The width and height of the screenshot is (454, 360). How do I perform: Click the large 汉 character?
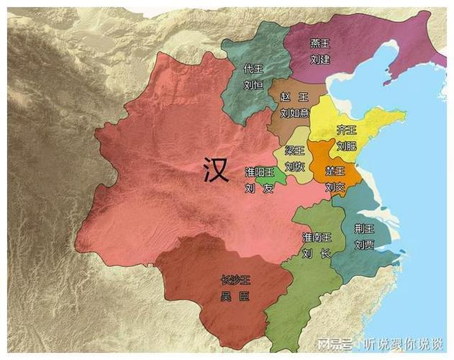(216, 171)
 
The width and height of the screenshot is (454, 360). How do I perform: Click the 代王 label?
(253, 69)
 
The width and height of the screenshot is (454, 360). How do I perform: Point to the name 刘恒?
(253, 85)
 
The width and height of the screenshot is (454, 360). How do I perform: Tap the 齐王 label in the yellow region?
(346, 130)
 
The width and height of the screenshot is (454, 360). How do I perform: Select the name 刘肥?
(346, 145)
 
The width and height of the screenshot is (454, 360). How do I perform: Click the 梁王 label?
(294, 150)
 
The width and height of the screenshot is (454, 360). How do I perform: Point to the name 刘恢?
(294, 166)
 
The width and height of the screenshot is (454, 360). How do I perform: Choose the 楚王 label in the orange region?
(335, 171)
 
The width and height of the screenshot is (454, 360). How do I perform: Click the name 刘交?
(335, 187)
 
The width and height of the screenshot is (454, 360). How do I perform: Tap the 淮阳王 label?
(260, 172)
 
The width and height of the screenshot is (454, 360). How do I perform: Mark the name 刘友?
(260, 188)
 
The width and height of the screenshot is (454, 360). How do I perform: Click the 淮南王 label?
(317, 237)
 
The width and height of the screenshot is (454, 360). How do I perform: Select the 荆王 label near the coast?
(364, 228)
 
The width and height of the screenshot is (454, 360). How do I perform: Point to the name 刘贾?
(364, 243)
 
